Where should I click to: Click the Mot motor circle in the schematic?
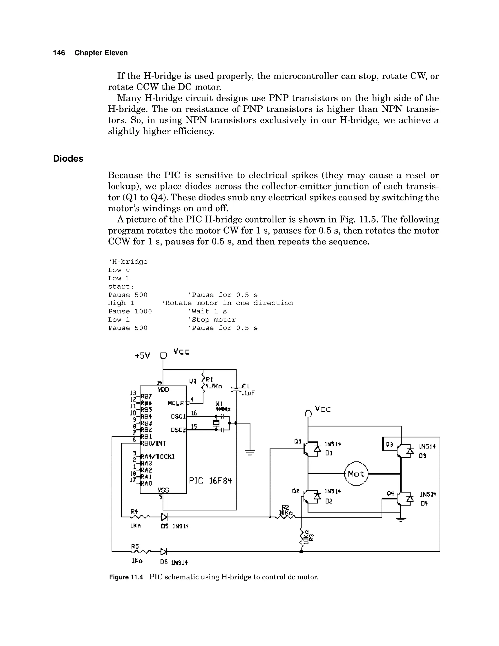(x=356, y=474)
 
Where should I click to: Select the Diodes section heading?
(x=68, y=159)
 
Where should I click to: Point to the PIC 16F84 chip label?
(x=210, y=481)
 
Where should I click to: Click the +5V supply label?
(x=142, y=355)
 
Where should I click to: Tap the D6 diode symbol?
(x=163, y=552)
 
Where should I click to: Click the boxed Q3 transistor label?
(x=389, y=444)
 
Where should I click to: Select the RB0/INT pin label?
(x=154, y=443)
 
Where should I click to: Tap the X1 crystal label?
(x=219, y=403)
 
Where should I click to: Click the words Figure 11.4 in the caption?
(x=126, y=577)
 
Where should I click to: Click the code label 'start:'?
(x=121, y=287)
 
